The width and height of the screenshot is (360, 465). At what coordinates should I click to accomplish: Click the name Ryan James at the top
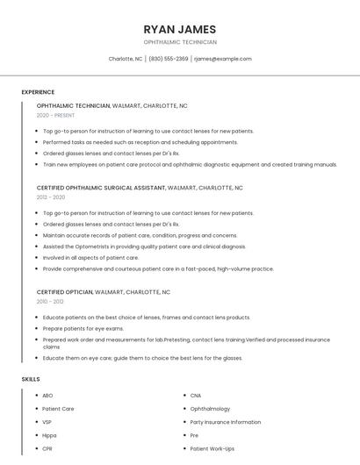coord(180,29)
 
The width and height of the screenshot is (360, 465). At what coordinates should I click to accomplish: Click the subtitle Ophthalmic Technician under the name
coord(180,42)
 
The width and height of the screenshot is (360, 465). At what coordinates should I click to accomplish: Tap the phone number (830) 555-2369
coord(169,59)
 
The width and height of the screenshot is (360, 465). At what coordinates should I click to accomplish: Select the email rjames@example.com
coord(223,59)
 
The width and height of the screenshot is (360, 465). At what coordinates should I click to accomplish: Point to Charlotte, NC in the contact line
coord(126,59)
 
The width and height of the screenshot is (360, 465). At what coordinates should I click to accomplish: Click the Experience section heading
coord(38,92)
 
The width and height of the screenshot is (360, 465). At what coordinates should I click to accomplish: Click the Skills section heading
coord(30,379)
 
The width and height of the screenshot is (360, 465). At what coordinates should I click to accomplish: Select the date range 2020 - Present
coord(55,115)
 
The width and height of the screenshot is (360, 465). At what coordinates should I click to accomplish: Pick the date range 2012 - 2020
coord(51,197)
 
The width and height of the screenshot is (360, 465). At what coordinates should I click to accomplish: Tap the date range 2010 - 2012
coord(50,301)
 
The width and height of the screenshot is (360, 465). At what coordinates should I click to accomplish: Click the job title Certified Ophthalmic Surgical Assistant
coord(101,188)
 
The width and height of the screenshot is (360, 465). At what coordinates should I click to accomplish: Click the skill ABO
coord(47,396)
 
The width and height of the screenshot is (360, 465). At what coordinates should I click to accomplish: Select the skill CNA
coord(196,396)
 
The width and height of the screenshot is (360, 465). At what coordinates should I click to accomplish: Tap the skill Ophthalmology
coord(210,409)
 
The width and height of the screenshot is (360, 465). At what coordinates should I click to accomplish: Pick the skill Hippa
coord(49,435)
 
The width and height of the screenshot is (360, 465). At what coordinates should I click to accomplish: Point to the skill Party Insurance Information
coord(225,422)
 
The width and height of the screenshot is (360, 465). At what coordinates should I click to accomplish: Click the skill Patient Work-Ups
coord(212,448)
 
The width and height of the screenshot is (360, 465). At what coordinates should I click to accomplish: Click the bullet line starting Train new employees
coord(190,164)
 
